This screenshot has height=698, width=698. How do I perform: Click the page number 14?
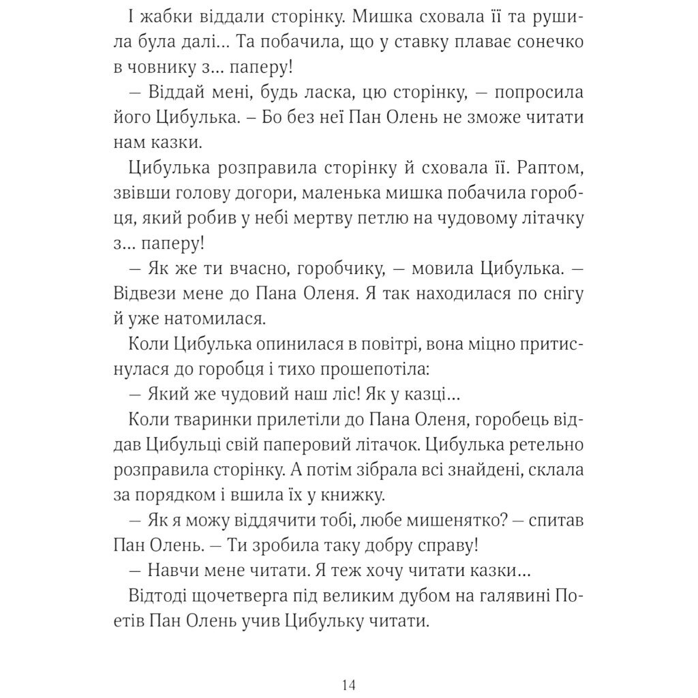click(x=348, y=684)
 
